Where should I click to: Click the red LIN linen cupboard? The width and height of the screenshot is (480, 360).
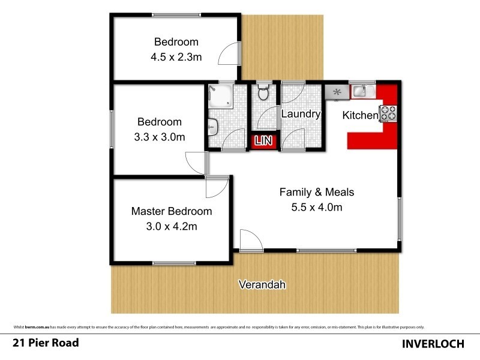tap(264, 141)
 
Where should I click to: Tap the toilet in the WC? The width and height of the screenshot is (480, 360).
tap(262, 93)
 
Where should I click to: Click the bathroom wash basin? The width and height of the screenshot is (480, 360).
tap(213, 126)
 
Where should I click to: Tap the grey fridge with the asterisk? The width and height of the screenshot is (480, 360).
tap(337, 92)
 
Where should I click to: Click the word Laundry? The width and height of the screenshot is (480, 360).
tap(301, 114)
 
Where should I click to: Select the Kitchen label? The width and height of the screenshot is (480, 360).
tap(360, 115)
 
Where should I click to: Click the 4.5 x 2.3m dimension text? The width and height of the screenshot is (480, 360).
tap(176, 59)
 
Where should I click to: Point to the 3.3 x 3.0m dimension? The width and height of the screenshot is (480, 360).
tap(160, 137)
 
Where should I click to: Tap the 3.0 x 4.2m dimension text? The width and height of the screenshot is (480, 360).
tap(172, 227)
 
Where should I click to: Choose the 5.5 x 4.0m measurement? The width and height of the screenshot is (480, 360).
tap(317, 208)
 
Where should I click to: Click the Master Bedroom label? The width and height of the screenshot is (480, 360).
tap(172, 211)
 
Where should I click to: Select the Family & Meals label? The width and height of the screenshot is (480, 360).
tap(317, 193)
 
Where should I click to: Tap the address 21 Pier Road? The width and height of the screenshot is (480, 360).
tap(46, 343)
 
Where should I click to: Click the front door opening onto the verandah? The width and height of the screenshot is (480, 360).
tap(249, 241)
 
